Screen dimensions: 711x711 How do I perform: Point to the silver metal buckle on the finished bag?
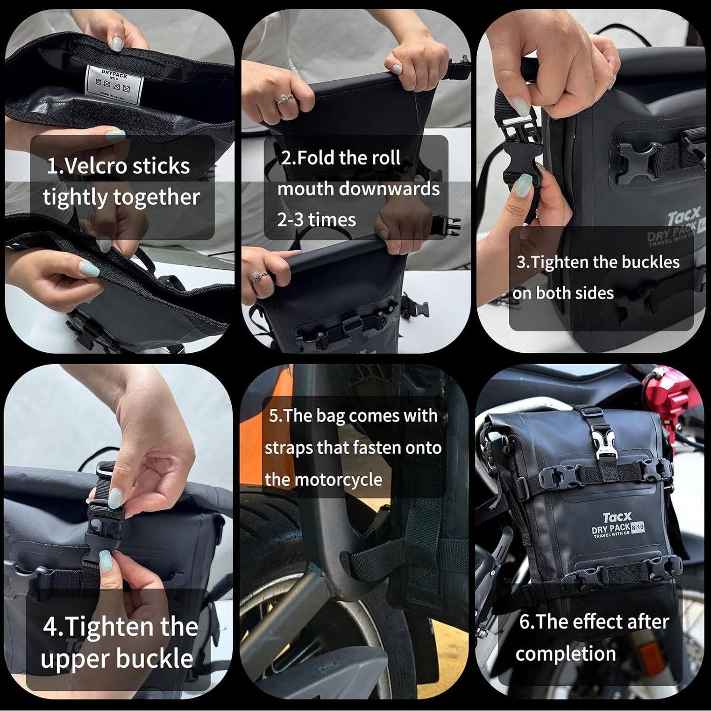pyautogui.click(x=604, y=447)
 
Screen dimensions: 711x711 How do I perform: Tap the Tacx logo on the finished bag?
pyautogui.click(x=617, y=518)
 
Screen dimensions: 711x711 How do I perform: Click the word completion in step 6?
pyautogui.click(x=566, y=654)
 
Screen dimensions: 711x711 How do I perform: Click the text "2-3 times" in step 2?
pyautogui.click(x=317, y=220)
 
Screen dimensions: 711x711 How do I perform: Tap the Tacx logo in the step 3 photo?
pyautogui.click(x=684, y=216)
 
